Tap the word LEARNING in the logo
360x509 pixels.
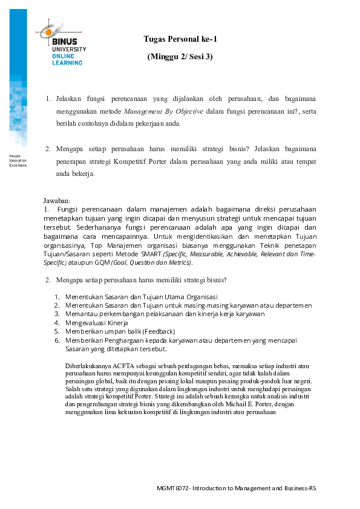point(67,62)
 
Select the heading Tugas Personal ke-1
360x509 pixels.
point(180,39)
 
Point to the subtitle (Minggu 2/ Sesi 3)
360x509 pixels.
point(180,56)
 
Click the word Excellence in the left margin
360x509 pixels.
point(18,165)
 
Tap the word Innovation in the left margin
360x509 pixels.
point(18,160)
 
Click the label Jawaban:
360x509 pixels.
point(57,200)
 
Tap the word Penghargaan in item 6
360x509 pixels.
point(120,340)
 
